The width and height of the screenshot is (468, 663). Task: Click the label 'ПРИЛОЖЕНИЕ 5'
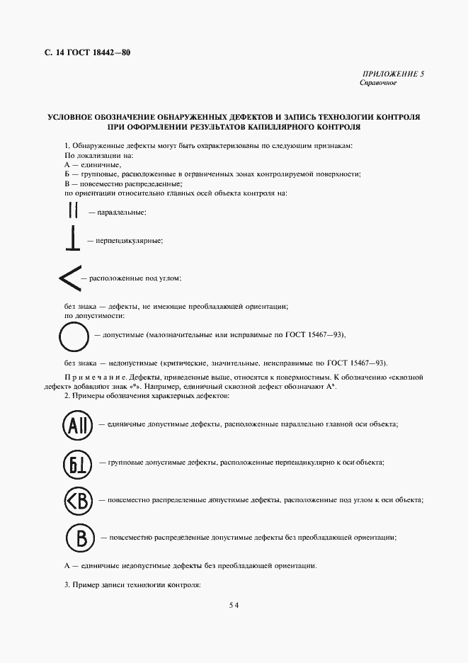pyautogui.click(x=393, y=74)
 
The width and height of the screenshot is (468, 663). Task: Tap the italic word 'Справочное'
pyautogui.click(x=378, y=83)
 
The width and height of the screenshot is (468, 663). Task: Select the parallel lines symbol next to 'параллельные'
pyautogui.click(x=72, y=210)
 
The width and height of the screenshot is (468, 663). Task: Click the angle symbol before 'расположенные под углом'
pyautogui.click(x=69, y=278)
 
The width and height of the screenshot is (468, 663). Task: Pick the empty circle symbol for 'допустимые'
pyautogui.click(x=74, y=335)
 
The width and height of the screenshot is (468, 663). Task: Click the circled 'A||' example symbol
pyautogui.click(x=75, y=424)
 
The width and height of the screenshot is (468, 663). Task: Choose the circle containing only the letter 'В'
pyautogui.click(x=80, y=538)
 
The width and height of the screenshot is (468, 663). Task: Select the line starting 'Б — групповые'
pyautogui.click(x=212, y=174)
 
